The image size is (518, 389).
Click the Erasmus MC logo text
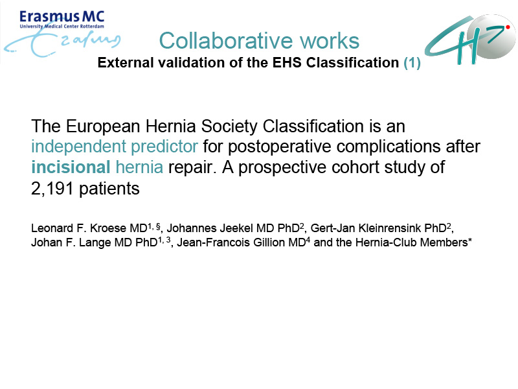62,17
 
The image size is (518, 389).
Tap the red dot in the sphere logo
508,27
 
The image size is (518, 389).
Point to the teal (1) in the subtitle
412,62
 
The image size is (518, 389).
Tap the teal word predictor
164,147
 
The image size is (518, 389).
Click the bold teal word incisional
71,167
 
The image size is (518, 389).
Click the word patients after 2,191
109,189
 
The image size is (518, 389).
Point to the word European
102,126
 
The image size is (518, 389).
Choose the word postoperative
280,147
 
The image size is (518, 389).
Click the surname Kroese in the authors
108,228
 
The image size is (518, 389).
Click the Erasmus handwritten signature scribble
63,42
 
